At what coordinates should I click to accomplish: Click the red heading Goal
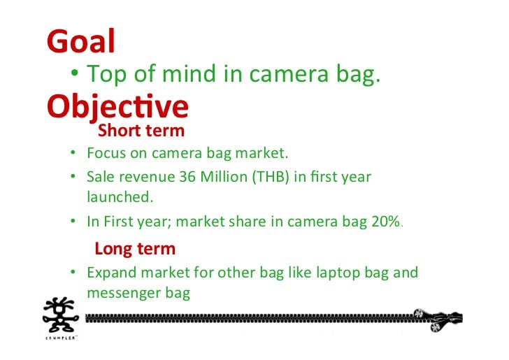click(80, 42)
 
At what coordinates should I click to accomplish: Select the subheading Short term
click(141, 130)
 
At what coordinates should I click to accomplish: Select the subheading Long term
click(135, 248)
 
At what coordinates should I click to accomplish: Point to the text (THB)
click(271, 176)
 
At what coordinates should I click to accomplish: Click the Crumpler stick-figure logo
click(62, 317)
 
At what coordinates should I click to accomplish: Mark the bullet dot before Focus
click(73, 153)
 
